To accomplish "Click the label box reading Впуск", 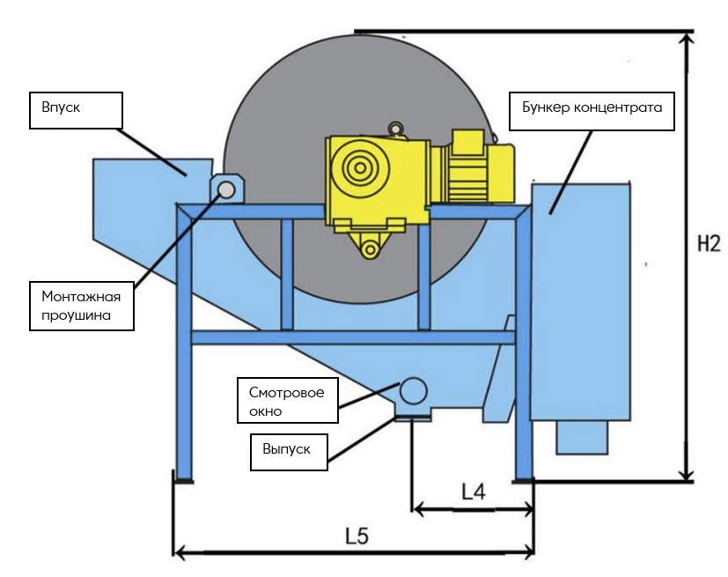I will tap(75, 110).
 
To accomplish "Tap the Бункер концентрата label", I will tap(592, 109).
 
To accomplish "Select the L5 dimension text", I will tap(356, 536).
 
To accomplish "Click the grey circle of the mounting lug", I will tap(226, 189).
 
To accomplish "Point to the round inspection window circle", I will tap(414, 389).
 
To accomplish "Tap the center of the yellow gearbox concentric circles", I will tap(358, 166).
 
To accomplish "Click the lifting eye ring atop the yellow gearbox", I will tap(398, 129).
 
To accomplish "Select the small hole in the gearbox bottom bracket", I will tap(371, 250).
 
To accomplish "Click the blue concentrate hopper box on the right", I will tap(581, 300).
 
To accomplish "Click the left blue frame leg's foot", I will tap(184, 478).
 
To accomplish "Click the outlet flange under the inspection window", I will tap(413, 416).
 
